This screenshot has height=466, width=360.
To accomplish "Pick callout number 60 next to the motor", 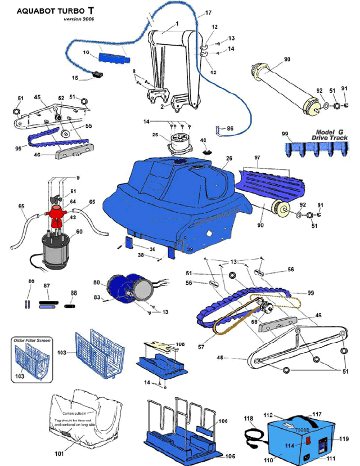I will coord(78,231).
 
